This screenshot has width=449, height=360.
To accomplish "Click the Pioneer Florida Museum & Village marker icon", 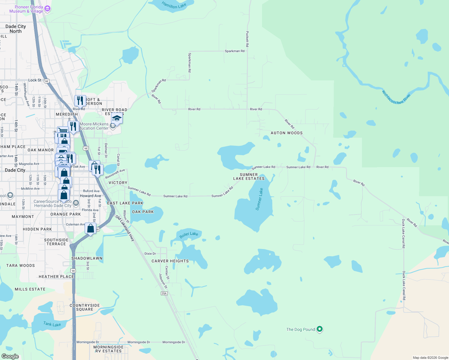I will [47, 9].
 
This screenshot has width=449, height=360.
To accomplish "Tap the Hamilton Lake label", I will [174, 5].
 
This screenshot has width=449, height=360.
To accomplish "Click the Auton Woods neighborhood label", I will [287, 133].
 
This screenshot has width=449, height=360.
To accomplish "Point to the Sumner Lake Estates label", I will [249, 176].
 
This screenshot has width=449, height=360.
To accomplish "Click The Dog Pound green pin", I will [320, 329].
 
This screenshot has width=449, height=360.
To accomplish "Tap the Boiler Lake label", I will [189, 234].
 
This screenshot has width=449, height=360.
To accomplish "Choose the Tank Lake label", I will [52, 324].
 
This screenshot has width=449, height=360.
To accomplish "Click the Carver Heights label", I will [170, 261].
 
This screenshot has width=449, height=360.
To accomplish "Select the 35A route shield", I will [164, 293].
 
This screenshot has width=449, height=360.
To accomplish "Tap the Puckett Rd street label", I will [247, 39].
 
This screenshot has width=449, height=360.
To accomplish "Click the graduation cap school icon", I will [116, 118].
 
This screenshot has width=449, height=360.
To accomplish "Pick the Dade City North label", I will [16, 29].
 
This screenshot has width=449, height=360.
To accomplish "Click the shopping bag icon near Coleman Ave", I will [90, 229].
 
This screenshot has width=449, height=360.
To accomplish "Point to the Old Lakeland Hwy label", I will [125, 228].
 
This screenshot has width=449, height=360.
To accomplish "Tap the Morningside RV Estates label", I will [109, 349].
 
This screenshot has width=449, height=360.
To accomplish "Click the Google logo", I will [10, 356].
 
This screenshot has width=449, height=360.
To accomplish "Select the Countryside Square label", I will [85, 307].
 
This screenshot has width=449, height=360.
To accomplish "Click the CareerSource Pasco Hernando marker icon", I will [76, 203].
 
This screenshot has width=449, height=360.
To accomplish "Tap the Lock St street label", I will [35, 80].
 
